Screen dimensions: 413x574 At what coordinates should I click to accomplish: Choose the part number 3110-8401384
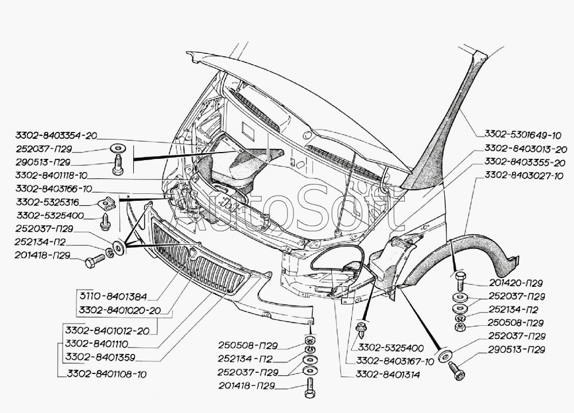pos(114,297)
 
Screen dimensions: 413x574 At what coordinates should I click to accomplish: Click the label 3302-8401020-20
pos(118,311)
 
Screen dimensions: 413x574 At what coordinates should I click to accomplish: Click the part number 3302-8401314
pos(387,375)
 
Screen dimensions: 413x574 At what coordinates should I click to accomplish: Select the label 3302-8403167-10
pos(395,361)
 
